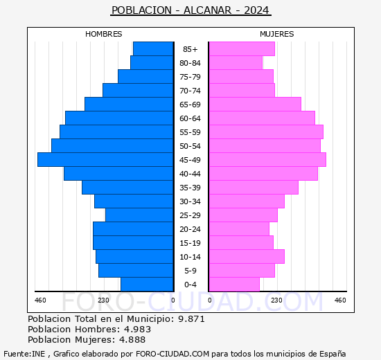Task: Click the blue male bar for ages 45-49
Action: [x=105, y=159]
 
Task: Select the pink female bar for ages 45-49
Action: [x=267, y=159]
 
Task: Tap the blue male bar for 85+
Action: [x=153, y=48]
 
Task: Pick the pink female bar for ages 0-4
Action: [x=233, y=284]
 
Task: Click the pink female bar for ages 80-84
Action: [x=235, y=62]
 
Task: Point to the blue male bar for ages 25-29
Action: [x=139, y=215]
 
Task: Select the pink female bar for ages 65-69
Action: [x=254, y=104]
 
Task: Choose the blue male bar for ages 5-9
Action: [x=136, y=270]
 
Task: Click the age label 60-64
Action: [x=190, y=118]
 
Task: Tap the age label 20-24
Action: [x=190, y=229]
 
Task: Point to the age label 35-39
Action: [x=190, y=188]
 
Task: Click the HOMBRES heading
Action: [x=104, y=34]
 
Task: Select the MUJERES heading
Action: [x=276, y=34]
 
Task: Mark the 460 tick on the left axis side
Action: [x=40, y=300]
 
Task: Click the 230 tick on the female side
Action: [x=276, y=300]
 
